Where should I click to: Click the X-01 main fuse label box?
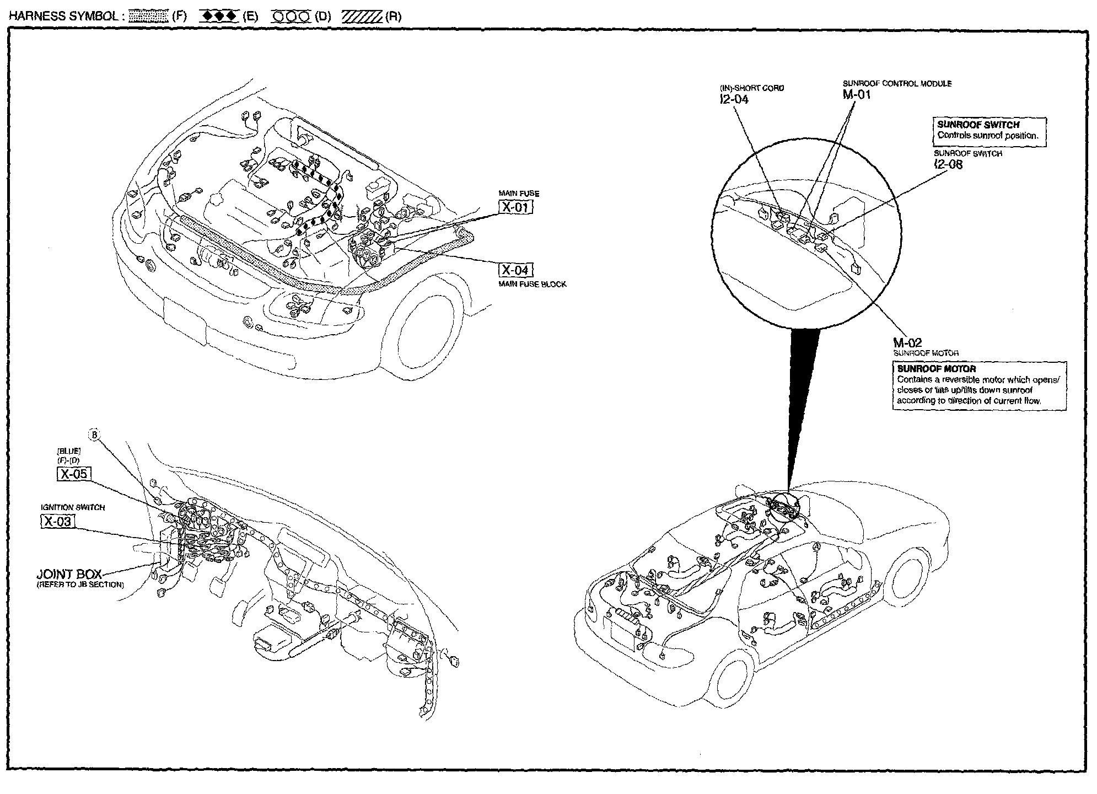[x=516, y=207]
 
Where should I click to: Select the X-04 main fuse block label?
[x=516, y=270]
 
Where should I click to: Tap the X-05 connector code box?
[x=74, y=474]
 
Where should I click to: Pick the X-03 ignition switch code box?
[x=58, y=522]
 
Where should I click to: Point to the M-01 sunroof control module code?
[x=857, y=95]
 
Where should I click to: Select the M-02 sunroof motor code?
[x=907, y=343]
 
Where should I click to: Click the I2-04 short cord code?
[x=734, y=99]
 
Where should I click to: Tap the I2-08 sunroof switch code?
[x=948, y=164]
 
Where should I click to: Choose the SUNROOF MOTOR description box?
[x=979, y=385]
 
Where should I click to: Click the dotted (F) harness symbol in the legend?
[x=148, y=16]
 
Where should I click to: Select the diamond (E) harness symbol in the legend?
[x=219, y=16]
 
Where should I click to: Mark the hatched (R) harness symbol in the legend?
[x=362, y=16]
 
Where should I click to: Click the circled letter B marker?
[x=95, y=436]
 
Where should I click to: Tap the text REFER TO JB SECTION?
[x=80, y=584]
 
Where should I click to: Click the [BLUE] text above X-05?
[x=68, y=451]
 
